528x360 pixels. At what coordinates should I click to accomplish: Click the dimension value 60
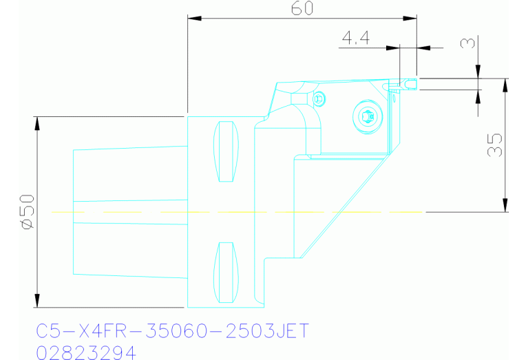point(303,8)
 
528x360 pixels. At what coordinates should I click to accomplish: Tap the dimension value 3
point(467,43)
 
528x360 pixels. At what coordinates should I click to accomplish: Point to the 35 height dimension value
point(494,145)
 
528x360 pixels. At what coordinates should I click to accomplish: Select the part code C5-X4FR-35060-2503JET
point(172,332)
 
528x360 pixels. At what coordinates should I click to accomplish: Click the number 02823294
point(85,352)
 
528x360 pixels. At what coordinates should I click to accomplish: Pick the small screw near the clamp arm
point(317,98)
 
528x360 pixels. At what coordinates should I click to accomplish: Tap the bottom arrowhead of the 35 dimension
point(506,205)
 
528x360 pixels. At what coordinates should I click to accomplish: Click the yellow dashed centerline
point(241,212)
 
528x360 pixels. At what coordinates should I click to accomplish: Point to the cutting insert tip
point(411,83)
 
